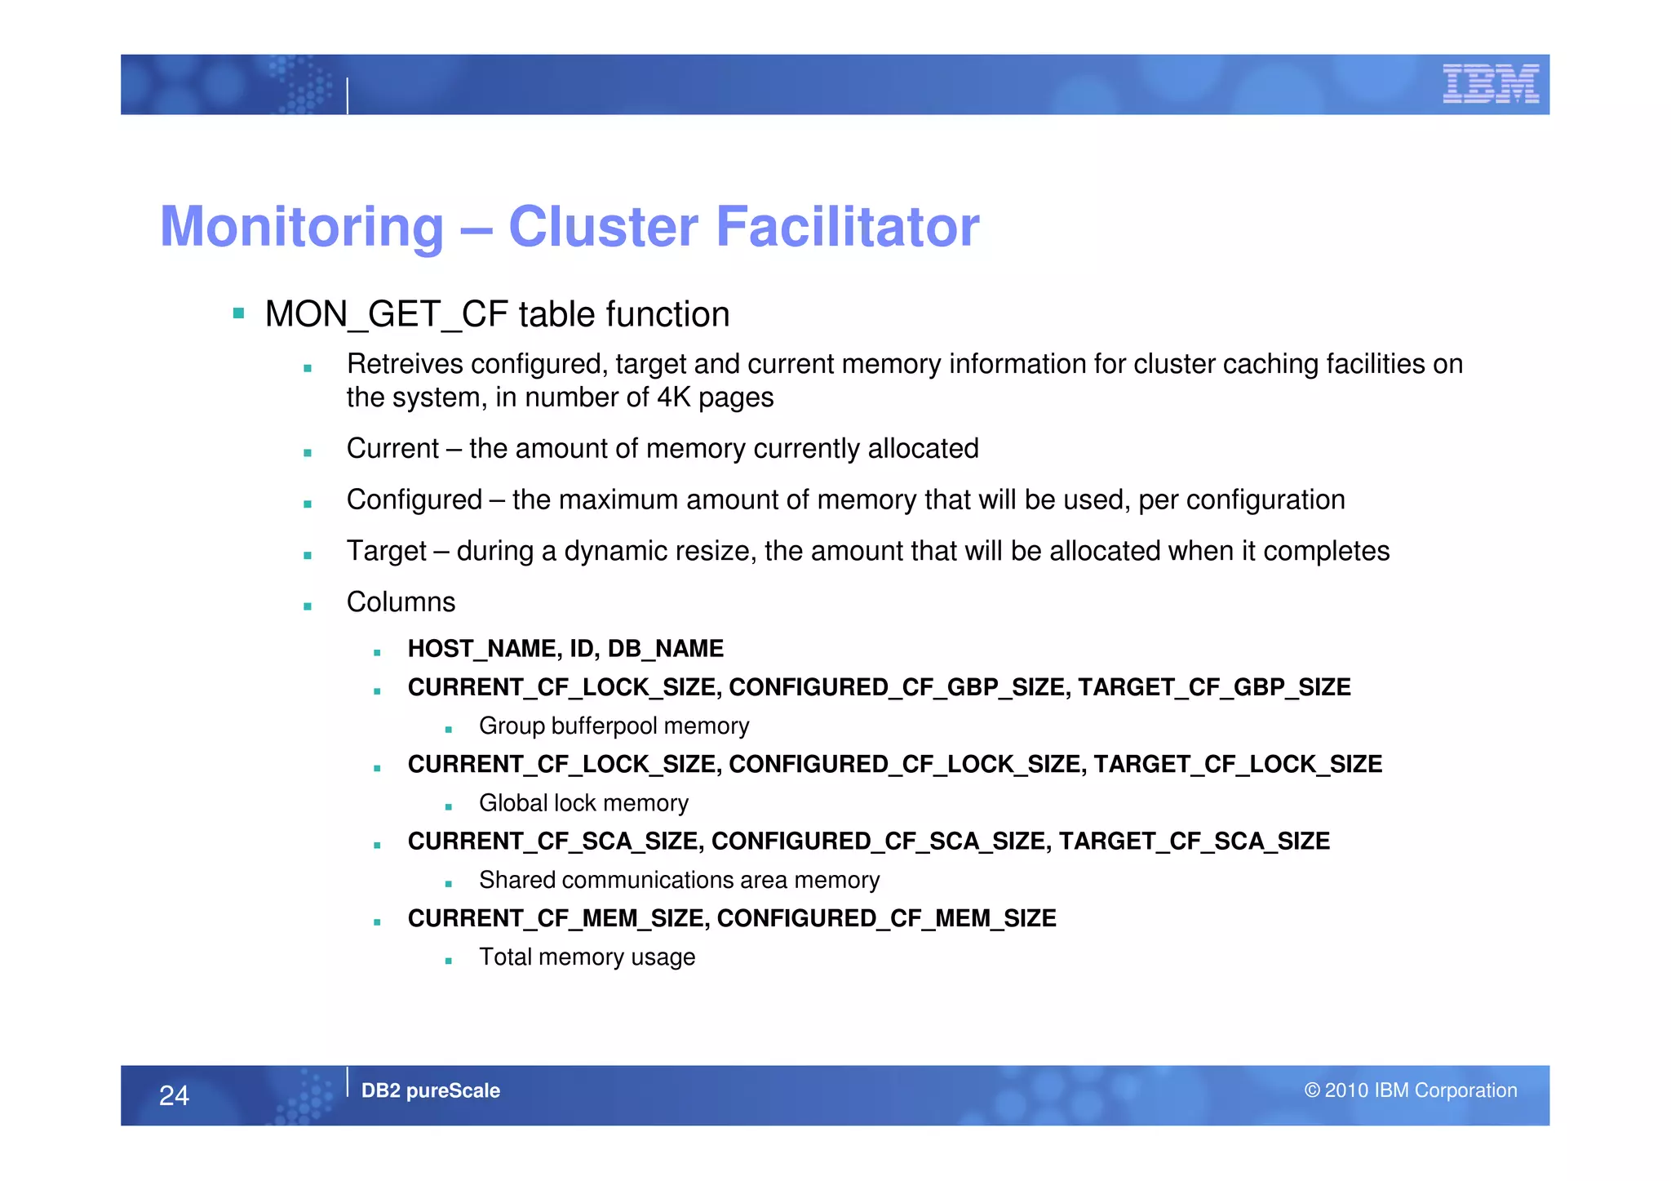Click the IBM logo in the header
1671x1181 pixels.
point(1491,83)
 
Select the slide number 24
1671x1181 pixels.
point(174,1095)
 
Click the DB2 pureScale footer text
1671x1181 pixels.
point(430,1090)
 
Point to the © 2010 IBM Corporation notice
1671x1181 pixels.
point(1410,1090)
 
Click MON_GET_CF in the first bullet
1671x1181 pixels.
point(387,315)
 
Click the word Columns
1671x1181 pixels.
point(401,602)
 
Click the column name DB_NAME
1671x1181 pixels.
point(665,649)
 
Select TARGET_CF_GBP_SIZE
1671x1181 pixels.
point(1214,687)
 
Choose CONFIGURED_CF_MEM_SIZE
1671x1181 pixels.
point(886,919)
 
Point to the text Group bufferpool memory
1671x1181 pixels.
point(614,726)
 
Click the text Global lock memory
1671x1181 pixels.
point(583,803)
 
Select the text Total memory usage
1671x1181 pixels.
point(587,957)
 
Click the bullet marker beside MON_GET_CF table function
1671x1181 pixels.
point(238,313)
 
